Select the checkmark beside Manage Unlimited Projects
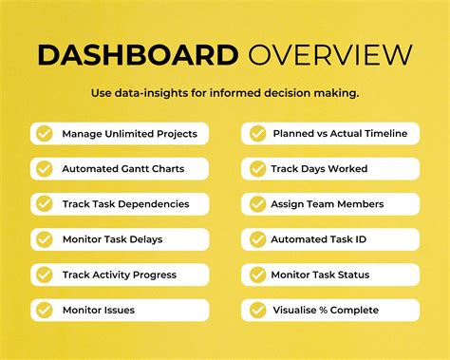click(x=44, y=134)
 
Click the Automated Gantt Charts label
click(x=122, y=169)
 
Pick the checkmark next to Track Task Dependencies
click(x=44, y=204)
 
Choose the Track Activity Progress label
click(x=119, y=275)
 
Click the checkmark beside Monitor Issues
click(x=44, y=310)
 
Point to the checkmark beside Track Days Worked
click(x=257, y=169)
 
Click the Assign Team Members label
click(x=327, y=204)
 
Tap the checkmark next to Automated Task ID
click(x=257, y=239)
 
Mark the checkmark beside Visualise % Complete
click(x=257, y=310)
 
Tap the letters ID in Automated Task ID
click(x=360, y=239)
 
